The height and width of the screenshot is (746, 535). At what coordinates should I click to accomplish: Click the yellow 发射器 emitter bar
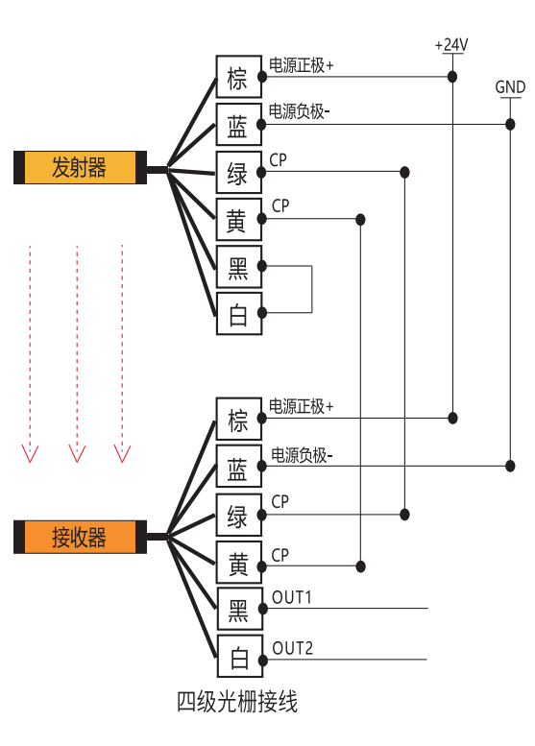[x=80, y=167]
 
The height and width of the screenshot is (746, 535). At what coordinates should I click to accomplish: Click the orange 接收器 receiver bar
[x=80, y=537]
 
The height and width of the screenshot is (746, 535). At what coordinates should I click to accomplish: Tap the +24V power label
[x=451, y=45]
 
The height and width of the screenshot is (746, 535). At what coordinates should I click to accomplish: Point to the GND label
[x=510, y=87]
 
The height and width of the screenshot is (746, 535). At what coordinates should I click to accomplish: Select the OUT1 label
[x=291, y=597]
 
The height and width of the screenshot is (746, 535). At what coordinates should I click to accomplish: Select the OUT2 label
[x=292, y=648]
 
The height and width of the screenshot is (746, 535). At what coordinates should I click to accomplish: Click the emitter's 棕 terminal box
[x=239, y=77]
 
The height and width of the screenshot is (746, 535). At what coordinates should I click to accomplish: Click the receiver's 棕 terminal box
[x=239, y=419]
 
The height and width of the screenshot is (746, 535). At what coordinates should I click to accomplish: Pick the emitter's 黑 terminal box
[x=239, y=267]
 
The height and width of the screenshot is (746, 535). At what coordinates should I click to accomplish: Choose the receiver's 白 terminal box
[x=240, y=656]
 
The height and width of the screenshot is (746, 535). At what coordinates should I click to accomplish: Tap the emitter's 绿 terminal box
[x=239, y=172]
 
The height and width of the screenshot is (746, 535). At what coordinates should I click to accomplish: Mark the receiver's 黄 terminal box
[x=239, y=562]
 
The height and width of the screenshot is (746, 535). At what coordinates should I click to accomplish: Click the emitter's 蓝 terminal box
[x=239, y=124]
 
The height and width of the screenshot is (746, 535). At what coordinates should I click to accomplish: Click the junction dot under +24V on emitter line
[x=452, y=76]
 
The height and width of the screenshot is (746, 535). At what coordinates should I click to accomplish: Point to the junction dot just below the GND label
[x=510, y=124]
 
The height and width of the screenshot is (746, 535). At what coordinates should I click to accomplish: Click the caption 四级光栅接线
[x=237, y=702]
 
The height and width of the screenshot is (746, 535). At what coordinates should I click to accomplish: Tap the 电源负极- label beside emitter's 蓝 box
[x=299, y=111]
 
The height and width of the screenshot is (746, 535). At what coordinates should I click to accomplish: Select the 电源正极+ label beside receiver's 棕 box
[x=301, y=406]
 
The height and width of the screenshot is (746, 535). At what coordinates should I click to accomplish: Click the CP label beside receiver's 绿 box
[x=280, y=501]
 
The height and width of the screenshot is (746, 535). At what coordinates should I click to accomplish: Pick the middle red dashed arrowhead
[x=77, y=453]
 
